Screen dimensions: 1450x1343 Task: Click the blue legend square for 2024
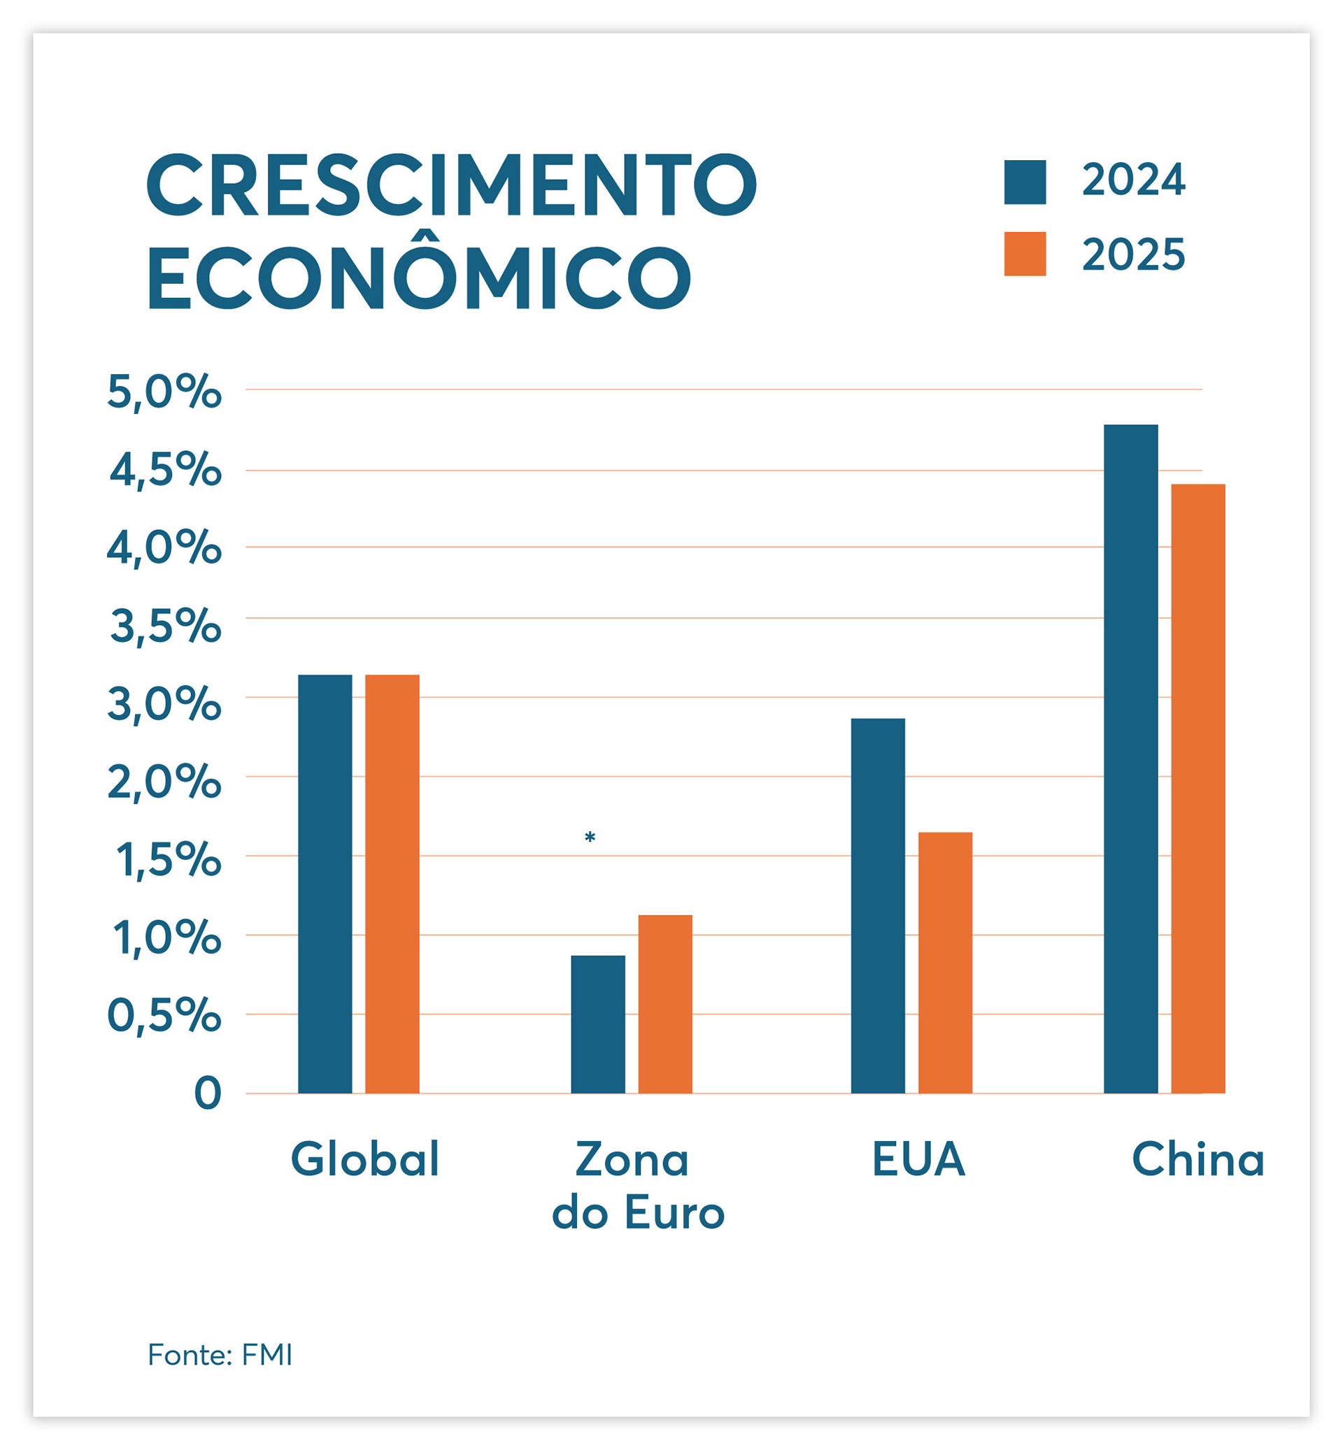1025,182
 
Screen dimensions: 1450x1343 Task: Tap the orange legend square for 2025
1025,254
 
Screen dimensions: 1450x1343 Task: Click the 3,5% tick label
166,626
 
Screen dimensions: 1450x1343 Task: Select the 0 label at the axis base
207,1093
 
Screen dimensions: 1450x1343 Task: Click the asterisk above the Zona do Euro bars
590,838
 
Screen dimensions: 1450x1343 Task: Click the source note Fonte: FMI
220,1355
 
